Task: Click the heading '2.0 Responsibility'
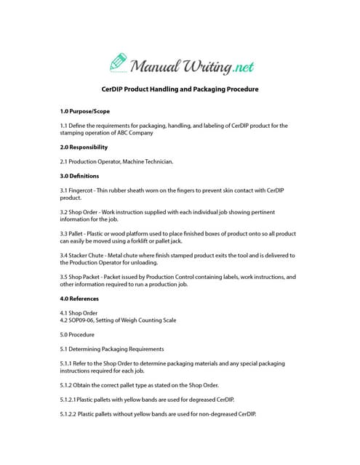pos(84,147)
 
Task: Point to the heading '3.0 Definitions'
pos(79,176)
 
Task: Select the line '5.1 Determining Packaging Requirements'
pos(112,349)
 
